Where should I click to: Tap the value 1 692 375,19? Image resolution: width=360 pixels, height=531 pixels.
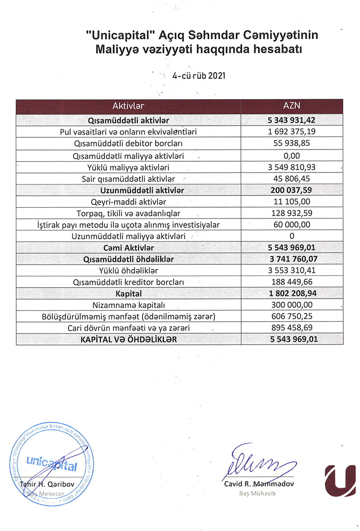(x=292, y=132)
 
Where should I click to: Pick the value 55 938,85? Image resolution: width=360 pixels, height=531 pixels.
(x=292, y=144)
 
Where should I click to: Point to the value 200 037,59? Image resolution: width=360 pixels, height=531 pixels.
(x=292, y=190)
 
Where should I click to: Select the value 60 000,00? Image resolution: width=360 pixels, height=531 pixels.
(x=292, y=225)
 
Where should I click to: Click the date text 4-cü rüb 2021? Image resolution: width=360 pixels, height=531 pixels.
(x=198, y=75)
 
